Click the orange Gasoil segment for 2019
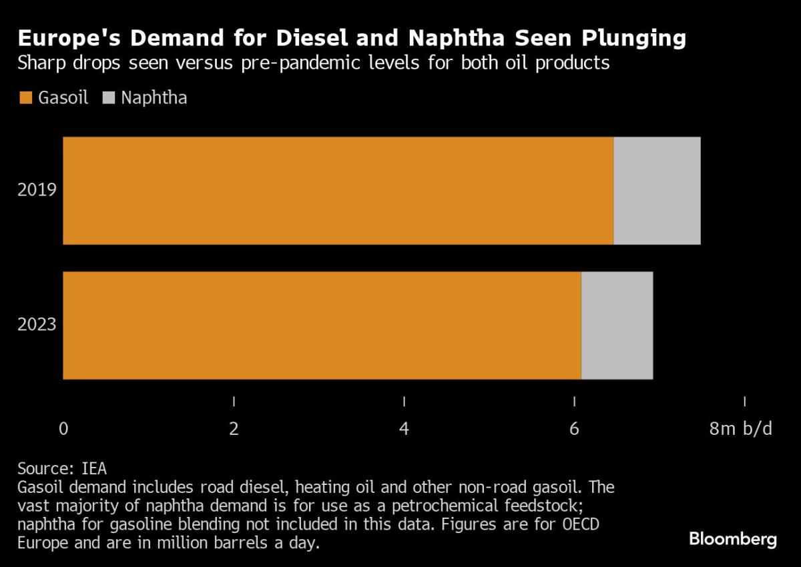point(338,191)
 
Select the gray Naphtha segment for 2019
point(657,191)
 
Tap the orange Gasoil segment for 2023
point(322,326)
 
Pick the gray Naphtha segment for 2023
point(617,326)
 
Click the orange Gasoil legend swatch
point(26,98)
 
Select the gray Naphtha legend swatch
point(109,98)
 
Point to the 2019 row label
point(37,189)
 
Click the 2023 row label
point(37,324)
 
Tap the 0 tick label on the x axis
point(63,428)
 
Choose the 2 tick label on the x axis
point(234,428)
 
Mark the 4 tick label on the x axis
point(404,428)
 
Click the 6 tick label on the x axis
point(574,428)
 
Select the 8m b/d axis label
point(740,428)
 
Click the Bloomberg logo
point(733,540)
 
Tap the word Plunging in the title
point(634,38)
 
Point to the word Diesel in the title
point(312,37)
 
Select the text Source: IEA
point(62,469)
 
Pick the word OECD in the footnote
point(581,524)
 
